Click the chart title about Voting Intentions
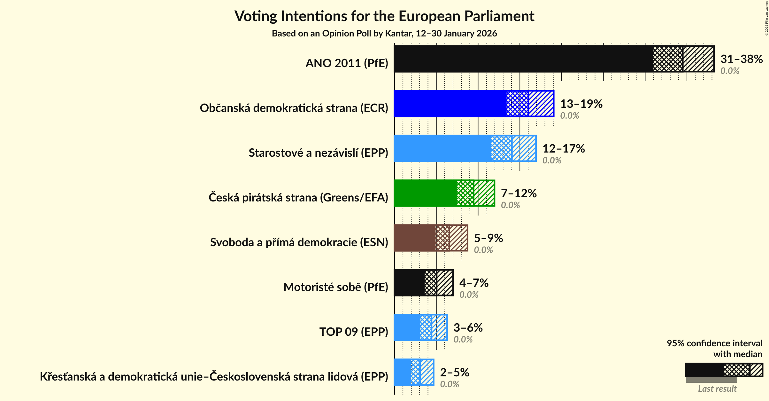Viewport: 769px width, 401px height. point(384,16)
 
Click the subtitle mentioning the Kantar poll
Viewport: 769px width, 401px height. point(384,34)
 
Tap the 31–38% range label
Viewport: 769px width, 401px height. point(741,59)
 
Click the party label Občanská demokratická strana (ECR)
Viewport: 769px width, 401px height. point(294,108)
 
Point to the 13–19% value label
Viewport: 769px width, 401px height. point(581,104)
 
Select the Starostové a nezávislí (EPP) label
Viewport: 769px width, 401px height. point(318,153)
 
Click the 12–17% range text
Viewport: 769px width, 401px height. point(563,149)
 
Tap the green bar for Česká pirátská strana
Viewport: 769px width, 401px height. point(425,193)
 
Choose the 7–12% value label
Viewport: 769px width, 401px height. point(519,193)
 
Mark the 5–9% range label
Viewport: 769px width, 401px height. point(488,238)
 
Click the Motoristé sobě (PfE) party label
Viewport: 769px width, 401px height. point(336,287)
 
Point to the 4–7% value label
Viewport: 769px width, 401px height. point(474,283)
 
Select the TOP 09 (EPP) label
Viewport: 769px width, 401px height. point(354,332)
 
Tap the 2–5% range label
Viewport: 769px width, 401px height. point(454,373)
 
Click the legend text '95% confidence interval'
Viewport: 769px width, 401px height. point(714,343)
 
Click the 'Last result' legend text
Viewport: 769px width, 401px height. point(717,389)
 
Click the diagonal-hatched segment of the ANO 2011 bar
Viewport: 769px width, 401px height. point(698,59)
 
